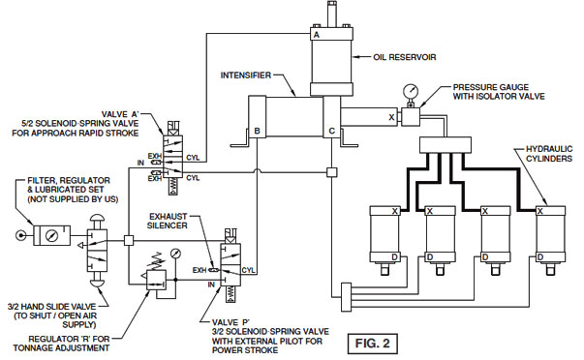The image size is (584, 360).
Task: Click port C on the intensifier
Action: (332, 131)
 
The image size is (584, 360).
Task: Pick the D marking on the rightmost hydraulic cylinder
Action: (540, 255)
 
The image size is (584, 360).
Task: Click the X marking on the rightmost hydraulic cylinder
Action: (540, 209)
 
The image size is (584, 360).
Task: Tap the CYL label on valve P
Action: (248, 270)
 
